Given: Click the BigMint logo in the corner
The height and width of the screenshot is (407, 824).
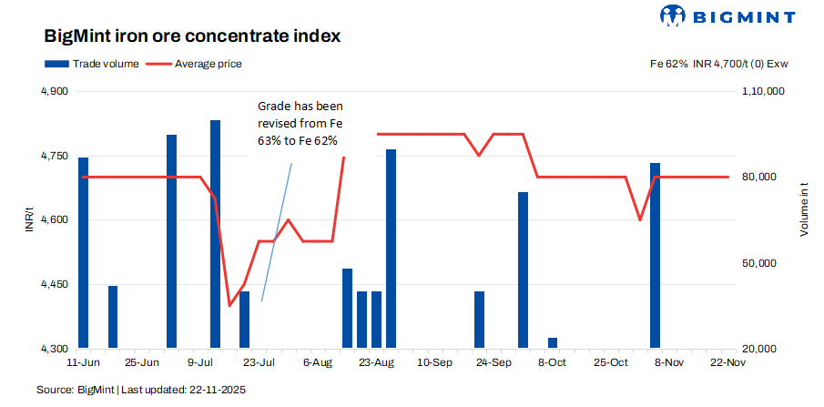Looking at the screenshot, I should (728, 15).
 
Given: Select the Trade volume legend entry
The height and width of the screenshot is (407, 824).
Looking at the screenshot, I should (91, 64).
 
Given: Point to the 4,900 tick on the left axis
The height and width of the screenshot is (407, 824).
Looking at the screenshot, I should (55, 92).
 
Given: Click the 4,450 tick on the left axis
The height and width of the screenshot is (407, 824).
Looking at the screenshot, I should (55, 285).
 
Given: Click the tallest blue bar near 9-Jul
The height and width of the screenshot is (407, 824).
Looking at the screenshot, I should (215, 233).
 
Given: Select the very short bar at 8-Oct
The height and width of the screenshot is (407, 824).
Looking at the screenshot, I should (553, 343).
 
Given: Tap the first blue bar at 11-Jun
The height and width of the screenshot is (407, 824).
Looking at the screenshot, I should (84, 252).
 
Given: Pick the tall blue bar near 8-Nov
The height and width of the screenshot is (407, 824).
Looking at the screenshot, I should (655, 255).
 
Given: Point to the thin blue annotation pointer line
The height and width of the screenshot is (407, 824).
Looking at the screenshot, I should (277, 232).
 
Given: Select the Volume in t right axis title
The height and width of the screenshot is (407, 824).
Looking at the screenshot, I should (805, 210).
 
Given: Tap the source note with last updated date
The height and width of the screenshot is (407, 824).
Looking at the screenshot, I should (141, 390).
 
